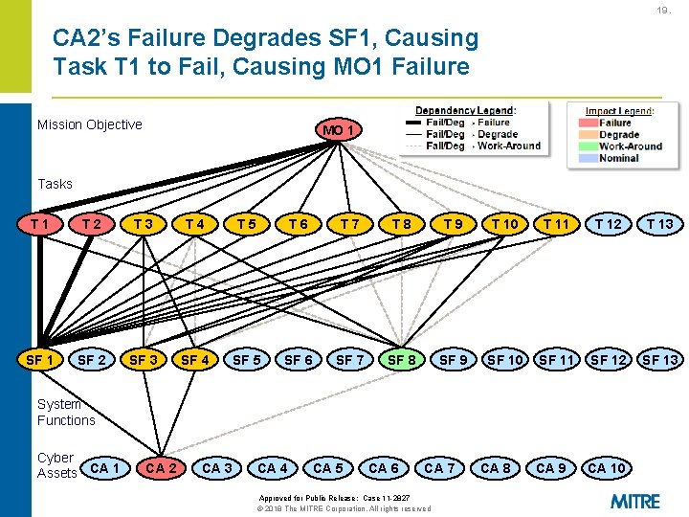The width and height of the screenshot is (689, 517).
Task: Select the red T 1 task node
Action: pos(40,224)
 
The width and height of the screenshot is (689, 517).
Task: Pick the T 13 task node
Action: pos(659,224)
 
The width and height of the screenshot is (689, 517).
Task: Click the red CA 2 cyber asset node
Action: pos(161,468)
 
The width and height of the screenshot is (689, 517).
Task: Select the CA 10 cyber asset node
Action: pos(607,468)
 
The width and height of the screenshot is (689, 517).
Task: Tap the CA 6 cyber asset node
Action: pos(384,468)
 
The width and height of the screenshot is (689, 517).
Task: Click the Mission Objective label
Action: pos(89,124)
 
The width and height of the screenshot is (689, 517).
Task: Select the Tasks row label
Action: pos(55,184)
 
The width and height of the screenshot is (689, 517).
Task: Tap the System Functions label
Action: pos(66,412)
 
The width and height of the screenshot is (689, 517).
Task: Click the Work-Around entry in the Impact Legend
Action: pos(630,146)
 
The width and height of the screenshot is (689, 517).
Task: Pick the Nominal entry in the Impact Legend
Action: pos(618,158)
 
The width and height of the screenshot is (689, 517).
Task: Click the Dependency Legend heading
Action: pos(465,110)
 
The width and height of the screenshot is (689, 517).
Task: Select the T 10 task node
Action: pos(504,224)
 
